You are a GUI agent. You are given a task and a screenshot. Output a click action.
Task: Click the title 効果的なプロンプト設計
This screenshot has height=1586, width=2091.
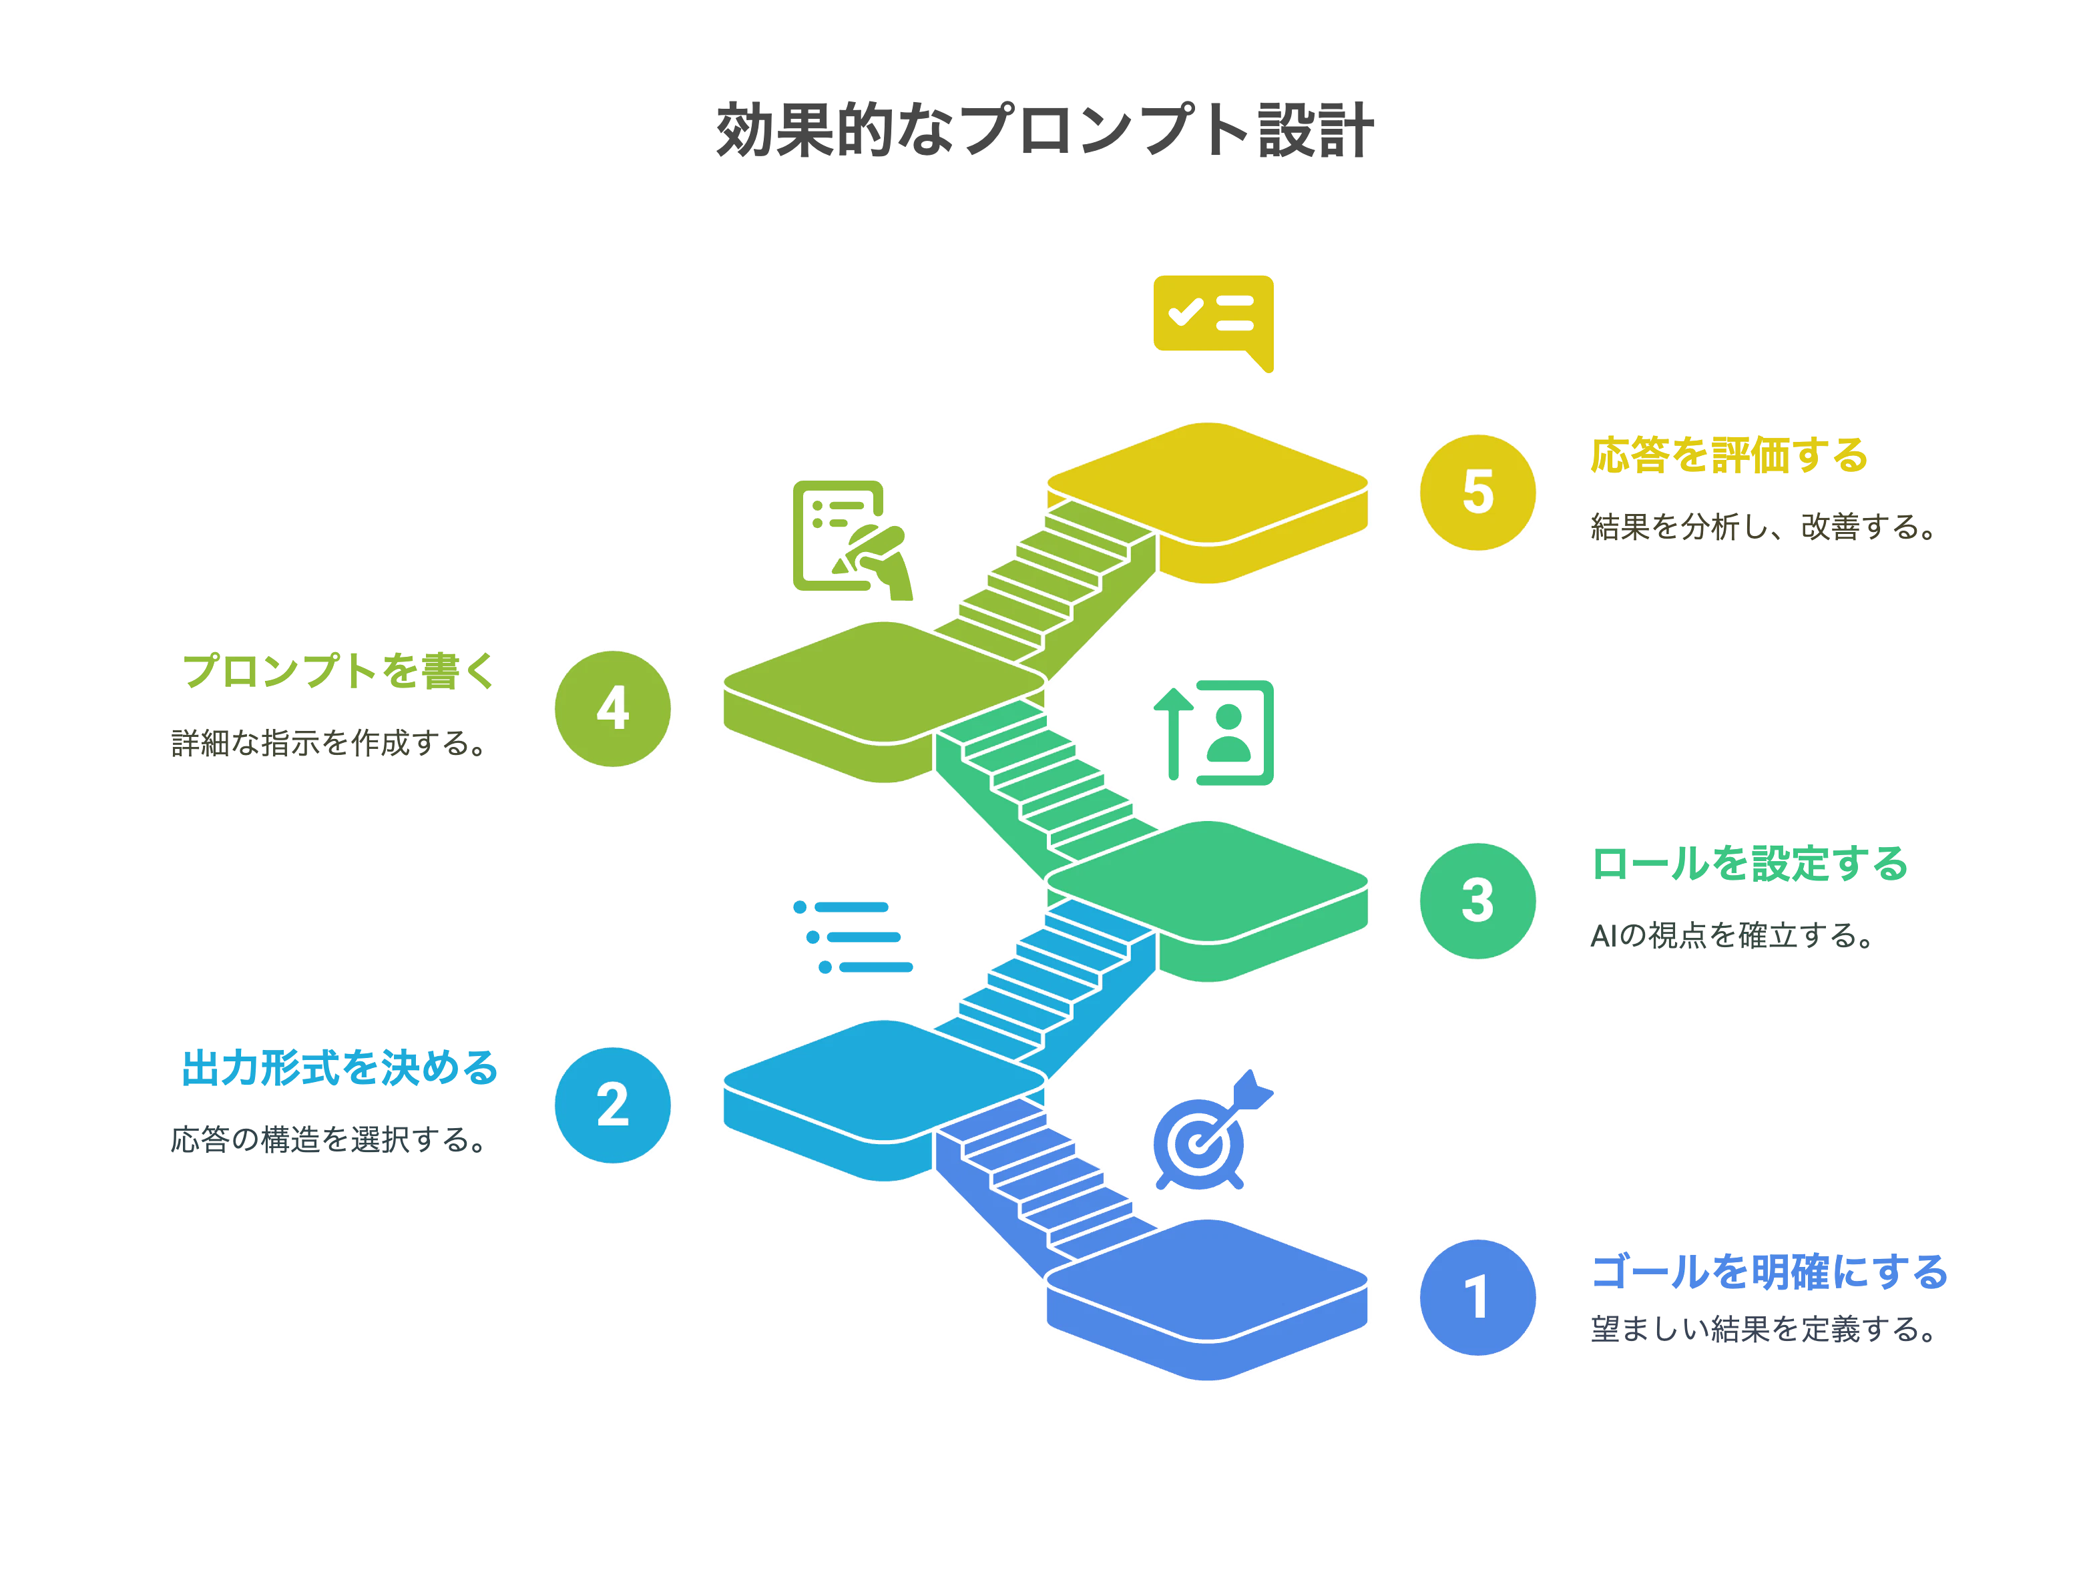[1045, 130]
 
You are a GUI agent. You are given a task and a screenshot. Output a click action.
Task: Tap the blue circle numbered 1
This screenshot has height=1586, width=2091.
[1477, 1297]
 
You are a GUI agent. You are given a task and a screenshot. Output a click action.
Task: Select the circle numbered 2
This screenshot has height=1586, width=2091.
[613, 1105]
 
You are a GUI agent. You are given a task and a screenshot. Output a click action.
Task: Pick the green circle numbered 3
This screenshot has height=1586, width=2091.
[1477, 900]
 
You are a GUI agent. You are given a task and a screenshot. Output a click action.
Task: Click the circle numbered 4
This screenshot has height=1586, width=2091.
[613, 708]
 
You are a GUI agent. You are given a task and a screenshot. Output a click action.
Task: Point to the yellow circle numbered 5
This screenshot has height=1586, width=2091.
[1477, 493]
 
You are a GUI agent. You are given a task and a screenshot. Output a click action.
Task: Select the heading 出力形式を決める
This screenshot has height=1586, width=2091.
[339, 1068]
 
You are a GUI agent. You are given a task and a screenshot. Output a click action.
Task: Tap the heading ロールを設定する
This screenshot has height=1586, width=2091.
[1750, 863]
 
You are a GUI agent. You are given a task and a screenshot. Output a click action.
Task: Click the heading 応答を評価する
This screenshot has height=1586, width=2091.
[1729, 455]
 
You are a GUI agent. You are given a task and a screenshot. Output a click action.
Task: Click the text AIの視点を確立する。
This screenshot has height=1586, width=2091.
[1732, 935]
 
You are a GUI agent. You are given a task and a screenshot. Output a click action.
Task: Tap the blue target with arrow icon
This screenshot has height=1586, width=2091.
[1213, 1131]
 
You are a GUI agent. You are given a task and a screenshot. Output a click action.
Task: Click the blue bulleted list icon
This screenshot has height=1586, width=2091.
[853, 937]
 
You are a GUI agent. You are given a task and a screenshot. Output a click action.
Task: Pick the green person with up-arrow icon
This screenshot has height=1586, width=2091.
[1213, 732]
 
